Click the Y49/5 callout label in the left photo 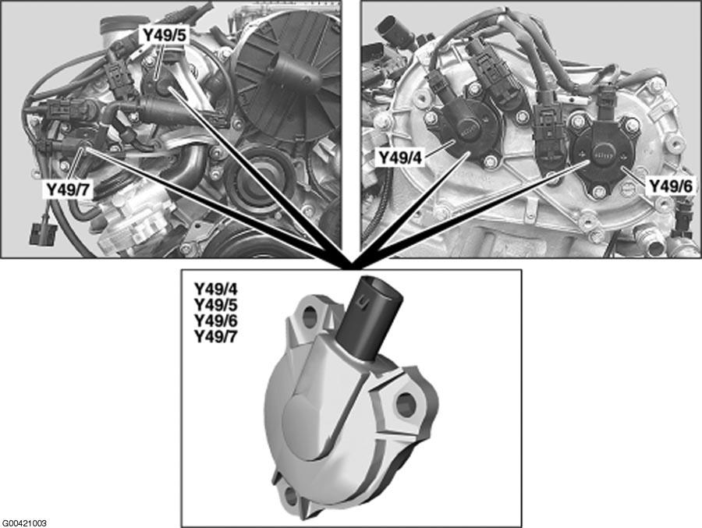coord(164,34)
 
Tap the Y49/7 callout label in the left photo coord(69,190)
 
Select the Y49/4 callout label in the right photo coord(400,158)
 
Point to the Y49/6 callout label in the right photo coord(671,186)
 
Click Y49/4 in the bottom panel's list coord(215,289)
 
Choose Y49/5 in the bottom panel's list coord(215,304)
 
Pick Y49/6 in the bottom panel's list coord(215,321)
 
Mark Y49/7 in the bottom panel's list coord(215,336)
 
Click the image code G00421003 coord(24,523)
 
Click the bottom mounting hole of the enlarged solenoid coord(292,496)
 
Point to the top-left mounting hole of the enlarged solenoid coord(310,316)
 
